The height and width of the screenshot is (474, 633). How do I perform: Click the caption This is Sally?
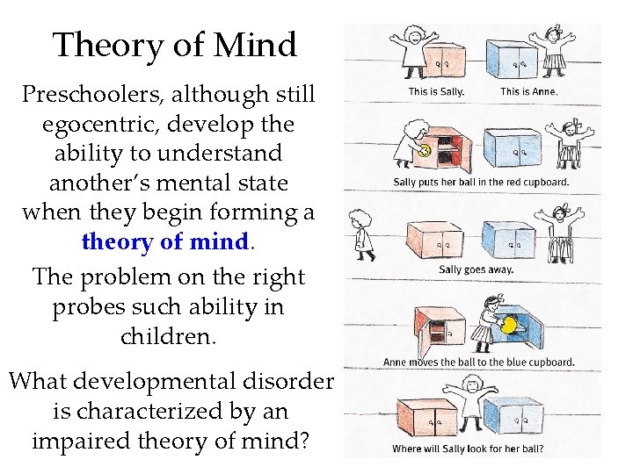pyautogui.click(x=436, y=90)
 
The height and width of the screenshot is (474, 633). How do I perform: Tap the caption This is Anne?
pyautogui.click(x=528, y=90)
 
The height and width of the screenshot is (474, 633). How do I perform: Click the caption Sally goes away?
pyautogui.click(x=476, y=269)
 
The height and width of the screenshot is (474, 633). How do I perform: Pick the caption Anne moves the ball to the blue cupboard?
pyautogui.click(x=478, y=361)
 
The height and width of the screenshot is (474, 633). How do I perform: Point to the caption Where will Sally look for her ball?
pyautogui.click(x=468, y=449)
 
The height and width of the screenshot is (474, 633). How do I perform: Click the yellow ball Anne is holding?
pyautogui.click(x=508, y=326)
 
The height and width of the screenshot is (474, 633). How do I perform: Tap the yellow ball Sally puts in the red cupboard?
pyautogui.click(x=425, y=150)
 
